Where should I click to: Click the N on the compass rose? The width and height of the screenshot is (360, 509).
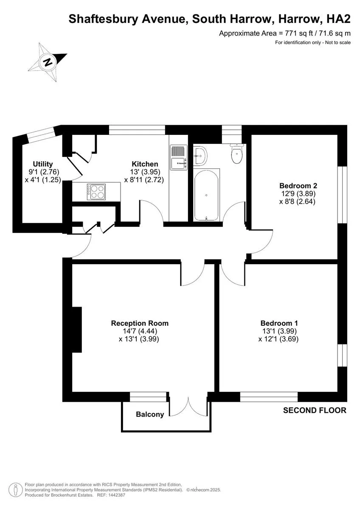pos(48,62)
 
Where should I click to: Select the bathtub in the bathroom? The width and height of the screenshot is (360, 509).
pos(206,195)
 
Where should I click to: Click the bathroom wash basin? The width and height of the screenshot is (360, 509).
pos(200,156)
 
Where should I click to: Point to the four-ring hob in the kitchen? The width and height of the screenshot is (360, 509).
pos(96,192)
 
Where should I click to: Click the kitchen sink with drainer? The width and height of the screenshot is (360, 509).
pos(179,157)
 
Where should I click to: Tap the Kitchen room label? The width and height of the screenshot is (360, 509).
pos(145,164)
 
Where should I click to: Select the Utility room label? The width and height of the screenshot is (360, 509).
pos(43,164)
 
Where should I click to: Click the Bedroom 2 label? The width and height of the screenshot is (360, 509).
pos(298,186)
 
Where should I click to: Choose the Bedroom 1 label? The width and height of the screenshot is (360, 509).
pos(279,323)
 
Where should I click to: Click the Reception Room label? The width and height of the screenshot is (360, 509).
pos(140,323)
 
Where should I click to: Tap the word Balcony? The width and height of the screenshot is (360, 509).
pos(150,414)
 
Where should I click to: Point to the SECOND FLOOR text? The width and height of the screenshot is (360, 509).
pos(315,410)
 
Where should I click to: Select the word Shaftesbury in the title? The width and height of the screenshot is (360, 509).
pos(104,19)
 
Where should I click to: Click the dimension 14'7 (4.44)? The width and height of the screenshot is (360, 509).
pos(140,331)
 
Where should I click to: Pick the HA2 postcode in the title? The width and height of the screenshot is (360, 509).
pos(338,19)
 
